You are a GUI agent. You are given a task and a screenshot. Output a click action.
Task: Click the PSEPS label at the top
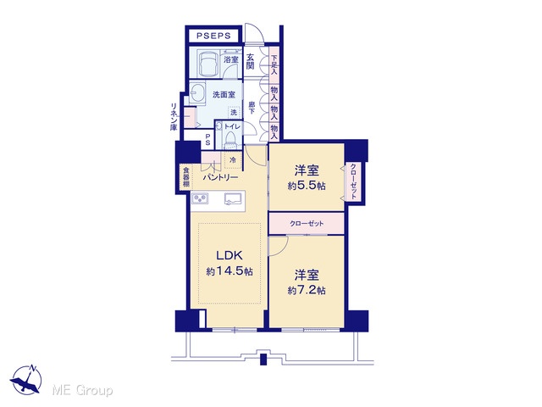[x=213, y=36]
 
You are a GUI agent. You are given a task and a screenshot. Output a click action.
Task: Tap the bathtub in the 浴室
[x=208, y=64]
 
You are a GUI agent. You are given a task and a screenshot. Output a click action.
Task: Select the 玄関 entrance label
[x=251, y=61]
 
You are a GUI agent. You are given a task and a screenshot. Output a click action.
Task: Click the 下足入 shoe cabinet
[x=274, y=64]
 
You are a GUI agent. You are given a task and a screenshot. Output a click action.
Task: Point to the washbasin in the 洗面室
[x=197, y=92]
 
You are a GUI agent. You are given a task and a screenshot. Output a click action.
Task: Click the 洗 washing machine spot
[x=234, y=112]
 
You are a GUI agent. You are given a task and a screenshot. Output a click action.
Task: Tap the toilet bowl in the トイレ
[x=230, y=141]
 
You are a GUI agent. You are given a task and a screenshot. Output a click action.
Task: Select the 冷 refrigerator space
[x=234, y=160]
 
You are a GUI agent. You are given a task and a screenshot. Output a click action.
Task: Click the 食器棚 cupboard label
[x=186, y=177]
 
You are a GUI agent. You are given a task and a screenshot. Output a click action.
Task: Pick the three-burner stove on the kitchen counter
[x=200, y=198]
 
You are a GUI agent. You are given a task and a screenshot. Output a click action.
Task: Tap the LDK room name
[x=230, y=256]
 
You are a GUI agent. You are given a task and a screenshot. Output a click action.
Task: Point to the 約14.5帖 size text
[x=230, y=271]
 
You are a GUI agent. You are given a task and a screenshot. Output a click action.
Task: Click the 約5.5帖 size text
[x=307, y=186]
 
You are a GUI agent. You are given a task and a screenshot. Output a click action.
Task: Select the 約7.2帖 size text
[x=307, y=290]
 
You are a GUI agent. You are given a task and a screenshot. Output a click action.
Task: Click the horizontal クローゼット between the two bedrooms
[x=307, y=224]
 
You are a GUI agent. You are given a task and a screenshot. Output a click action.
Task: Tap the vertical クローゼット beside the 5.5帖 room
[x=353, y=181]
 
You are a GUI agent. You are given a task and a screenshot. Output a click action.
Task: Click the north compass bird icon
[x=26, y=380]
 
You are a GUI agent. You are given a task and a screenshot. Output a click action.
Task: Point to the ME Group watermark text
[x=82, y=390]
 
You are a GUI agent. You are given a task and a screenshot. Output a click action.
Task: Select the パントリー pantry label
[x=220, y=177]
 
